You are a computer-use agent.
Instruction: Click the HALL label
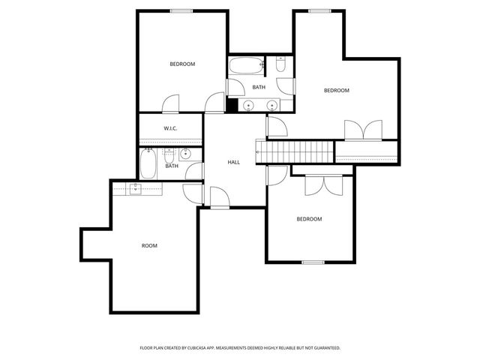point(233,162)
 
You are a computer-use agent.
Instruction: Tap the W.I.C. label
point(170,129)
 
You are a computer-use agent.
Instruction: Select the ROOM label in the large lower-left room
point(149,246)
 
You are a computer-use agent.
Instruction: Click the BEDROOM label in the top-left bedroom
point(182,64)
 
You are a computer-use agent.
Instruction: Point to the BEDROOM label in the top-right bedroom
point(336,91)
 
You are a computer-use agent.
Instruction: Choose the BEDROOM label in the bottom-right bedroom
point(309,219)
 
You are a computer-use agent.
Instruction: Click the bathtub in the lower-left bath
point(147,163)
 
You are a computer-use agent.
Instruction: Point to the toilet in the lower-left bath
point(169,156)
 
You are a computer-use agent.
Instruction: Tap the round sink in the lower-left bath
point(185,155)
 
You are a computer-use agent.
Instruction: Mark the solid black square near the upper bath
point(232,105)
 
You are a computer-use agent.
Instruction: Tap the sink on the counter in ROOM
point(136,187)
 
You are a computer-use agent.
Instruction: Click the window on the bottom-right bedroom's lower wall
point(313,262)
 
